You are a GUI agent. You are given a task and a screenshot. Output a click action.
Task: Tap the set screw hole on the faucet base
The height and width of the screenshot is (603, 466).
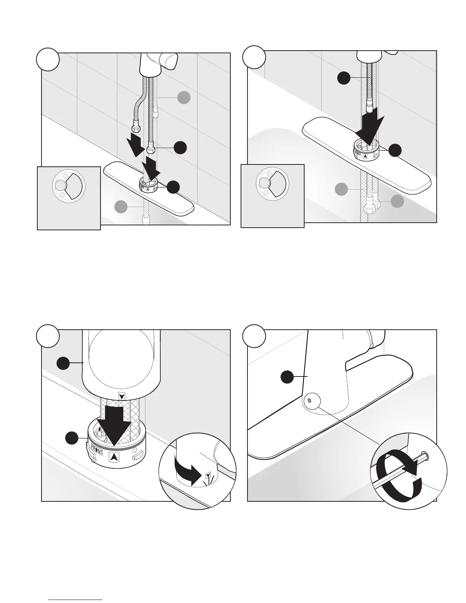309,400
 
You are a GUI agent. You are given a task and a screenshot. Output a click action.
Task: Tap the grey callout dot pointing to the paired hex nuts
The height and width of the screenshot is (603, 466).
397,201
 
